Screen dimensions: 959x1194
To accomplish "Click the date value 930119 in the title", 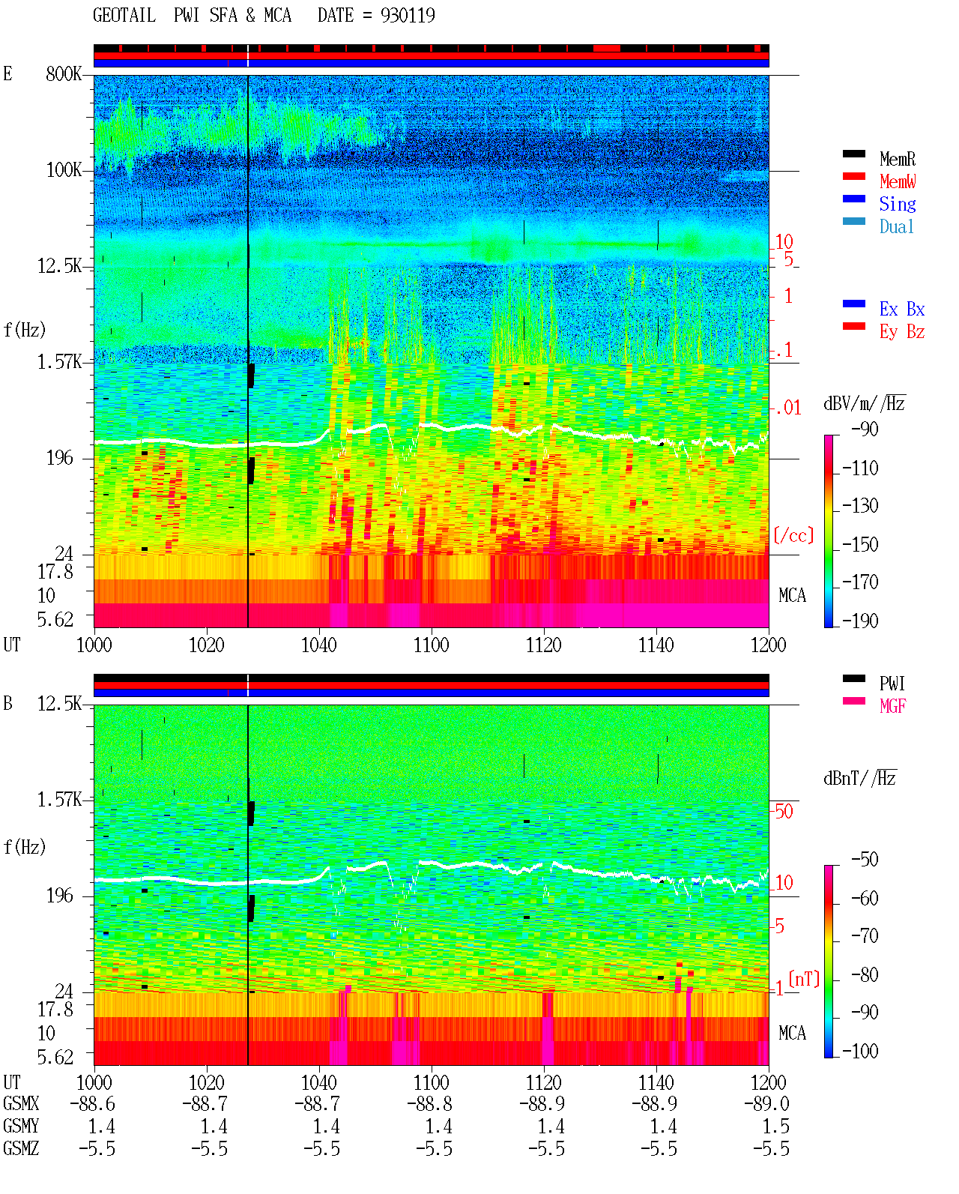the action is (x=408, y=16).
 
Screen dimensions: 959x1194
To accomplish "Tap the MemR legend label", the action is (x=897, y=159).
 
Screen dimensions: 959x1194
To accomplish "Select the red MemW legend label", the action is (x=898, y=181).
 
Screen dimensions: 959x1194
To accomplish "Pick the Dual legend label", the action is (x=897, y=226).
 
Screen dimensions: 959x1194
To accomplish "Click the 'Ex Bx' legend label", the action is (x=902, y=309).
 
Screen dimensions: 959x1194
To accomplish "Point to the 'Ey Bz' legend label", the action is (x=902, y=332).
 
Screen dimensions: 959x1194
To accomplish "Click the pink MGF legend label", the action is (x=892, y=706).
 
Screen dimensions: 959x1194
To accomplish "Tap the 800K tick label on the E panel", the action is (x=64, y=73).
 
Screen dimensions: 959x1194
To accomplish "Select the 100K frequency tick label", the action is (x=64, y=170).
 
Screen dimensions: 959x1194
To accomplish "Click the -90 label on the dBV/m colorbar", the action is (x=865, y=429).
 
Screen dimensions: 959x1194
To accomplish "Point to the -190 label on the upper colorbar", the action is (x=860, y=621).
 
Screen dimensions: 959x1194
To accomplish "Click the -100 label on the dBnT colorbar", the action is (x=860, y=1051).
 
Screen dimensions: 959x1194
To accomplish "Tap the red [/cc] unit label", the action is (x=793, y=535).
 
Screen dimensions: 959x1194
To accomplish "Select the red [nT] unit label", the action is (x=804, y=979).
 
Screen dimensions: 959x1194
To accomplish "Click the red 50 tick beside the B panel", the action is (x=784, y=812).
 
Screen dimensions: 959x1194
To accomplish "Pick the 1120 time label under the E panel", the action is (x=544, y=645).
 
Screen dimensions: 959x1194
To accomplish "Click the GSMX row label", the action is (x=21, y=1103).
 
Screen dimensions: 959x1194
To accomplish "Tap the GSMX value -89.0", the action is (x=766, y=1103).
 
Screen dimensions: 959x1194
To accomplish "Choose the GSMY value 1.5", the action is (x=775, y=1127).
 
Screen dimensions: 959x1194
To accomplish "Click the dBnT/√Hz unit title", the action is (x=859, y=779).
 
